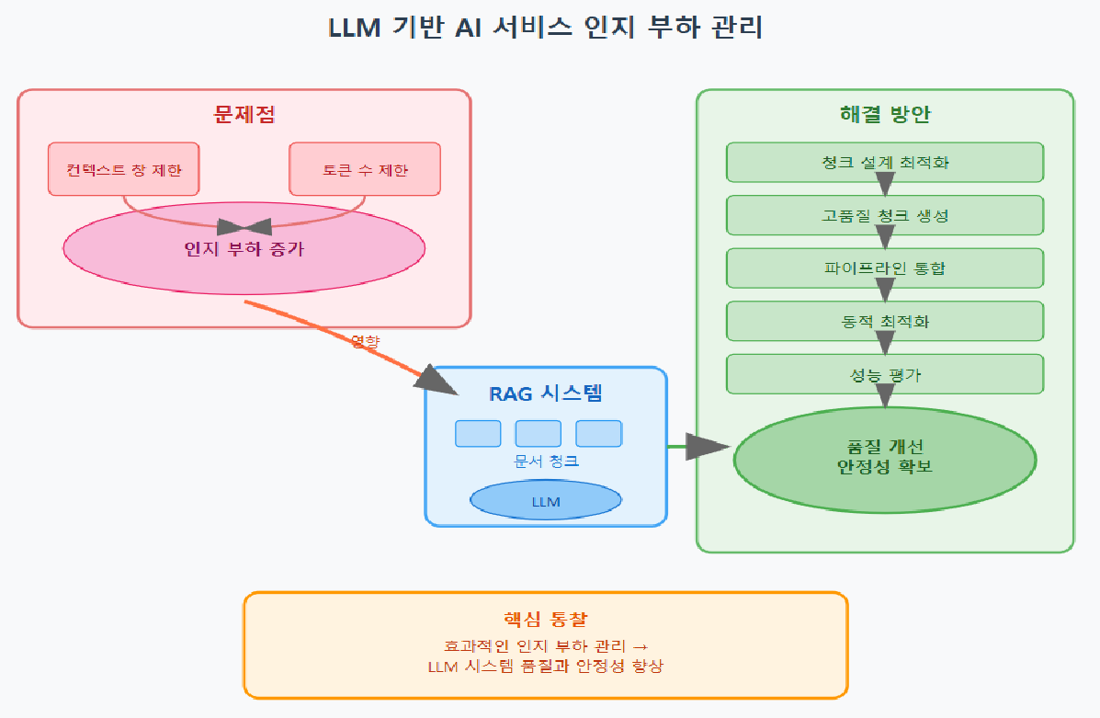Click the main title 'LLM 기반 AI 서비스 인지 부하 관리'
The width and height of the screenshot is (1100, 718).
546,28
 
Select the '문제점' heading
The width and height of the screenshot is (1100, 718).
244,115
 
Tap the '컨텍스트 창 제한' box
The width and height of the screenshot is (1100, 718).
123,169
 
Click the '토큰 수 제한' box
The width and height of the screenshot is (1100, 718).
365,169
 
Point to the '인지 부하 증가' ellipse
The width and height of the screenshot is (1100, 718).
244,248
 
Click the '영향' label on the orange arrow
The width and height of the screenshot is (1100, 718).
365,341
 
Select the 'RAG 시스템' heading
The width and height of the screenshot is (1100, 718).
546,394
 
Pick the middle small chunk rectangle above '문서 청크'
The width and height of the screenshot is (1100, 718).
538,433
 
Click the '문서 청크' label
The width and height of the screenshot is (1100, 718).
546,461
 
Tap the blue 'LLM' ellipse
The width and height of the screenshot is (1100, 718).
546,501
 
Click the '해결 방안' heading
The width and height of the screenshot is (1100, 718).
885,115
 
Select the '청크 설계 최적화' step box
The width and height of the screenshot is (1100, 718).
885,162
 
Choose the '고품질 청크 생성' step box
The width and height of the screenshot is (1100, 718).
885,215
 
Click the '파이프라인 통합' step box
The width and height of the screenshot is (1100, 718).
885,268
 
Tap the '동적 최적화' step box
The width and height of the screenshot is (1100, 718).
885,322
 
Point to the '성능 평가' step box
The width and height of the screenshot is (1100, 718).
885,374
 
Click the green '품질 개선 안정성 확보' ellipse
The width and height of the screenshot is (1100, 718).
885,458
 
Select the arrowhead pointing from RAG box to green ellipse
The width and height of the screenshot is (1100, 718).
709,447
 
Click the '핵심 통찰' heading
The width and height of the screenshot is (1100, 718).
546,619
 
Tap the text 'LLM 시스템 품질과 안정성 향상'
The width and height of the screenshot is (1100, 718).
546,667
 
